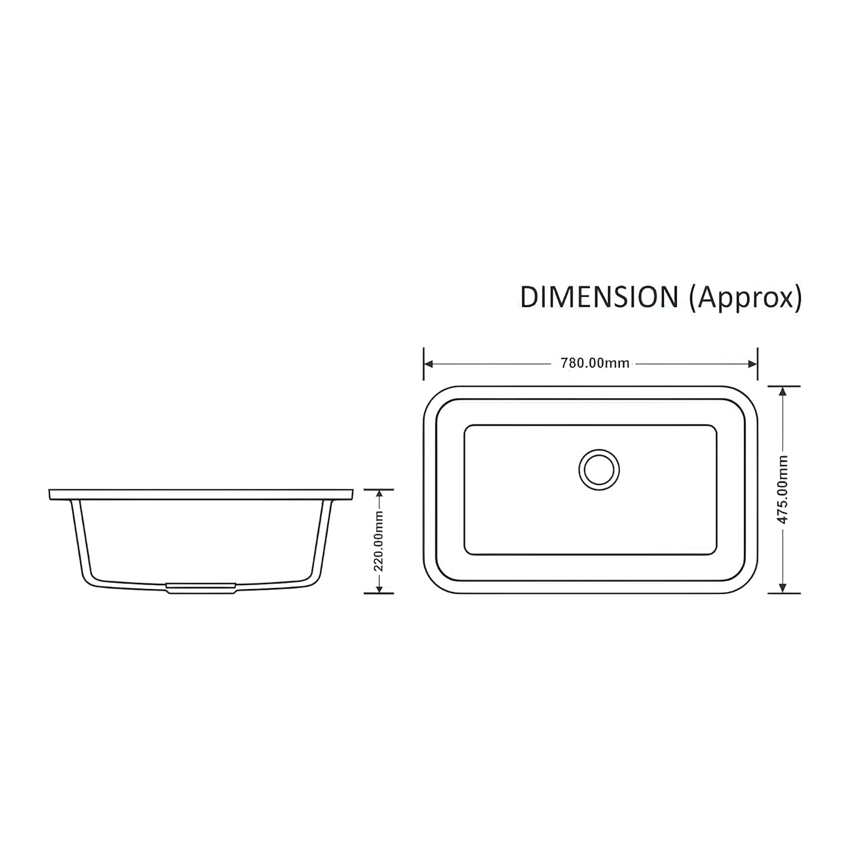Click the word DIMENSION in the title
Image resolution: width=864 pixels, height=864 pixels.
599,298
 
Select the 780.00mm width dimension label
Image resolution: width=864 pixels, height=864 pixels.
594,363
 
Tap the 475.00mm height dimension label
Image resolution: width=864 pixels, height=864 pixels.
782,490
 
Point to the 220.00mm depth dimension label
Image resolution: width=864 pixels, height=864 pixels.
378,541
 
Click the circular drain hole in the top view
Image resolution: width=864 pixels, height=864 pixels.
599,469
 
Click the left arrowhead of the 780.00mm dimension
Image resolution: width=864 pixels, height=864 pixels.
429,363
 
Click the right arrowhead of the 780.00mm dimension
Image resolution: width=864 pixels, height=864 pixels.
752,363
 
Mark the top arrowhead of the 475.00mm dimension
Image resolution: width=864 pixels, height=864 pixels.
782,391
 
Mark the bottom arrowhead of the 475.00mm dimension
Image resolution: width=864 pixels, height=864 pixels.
782,588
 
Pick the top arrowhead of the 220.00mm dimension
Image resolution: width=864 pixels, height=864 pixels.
378,494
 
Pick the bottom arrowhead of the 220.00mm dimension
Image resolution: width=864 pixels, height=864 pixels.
378,588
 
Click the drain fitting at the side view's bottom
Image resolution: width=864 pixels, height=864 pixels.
200,587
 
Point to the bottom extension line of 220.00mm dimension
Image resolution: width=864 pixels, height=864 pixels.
378,593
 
